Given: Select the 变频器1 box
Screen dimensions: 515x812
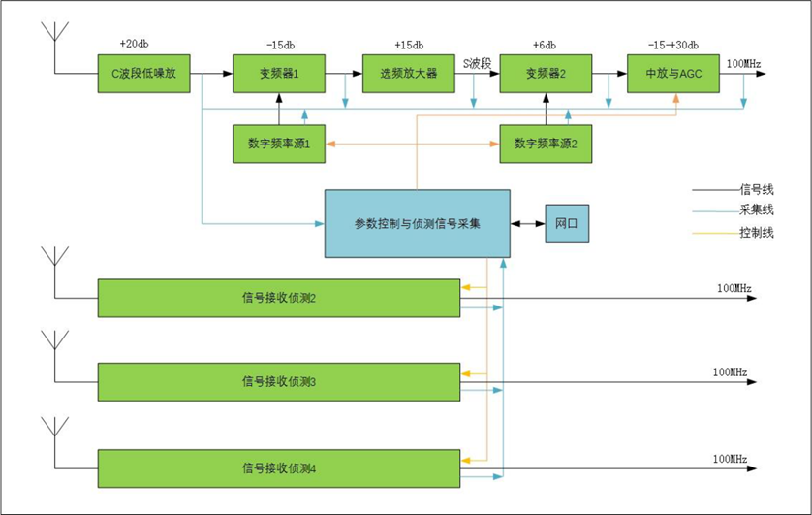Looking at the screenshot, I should pos(279,74).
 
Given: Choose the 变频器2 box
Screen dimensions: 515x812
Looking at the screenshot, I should pos(546,74).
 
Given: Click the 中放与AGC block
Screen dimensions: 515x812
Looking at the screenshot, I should pos(673,74).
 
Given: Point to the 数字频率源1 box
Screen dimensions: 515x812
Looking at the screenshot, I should pos(279,144).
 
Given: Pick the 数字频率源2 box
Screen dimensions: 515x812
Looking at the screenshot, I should pos(546,144).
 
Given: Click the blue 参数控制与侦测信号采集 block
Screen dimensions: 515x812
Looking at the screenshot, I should pos(417,224).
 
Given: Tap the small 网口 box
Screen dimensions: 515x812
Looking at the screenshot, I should pos(566,224).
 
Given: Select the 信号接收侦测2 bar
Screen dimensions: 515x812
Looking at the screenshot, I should pos(279,298).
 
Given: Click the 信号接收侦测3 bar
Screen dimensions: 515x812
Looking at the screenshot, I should pos(279,381).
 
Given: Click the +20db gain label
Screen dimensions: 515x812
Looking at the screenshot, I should pos(135,45).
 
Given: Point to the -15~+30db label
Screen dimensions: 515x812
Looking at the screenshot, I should pos(672,45).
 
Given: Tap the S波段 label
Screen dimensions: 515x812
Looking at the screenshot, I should pos(478,61).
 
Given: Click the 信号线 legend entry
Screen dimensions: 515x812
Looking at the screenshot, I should pos(756,189).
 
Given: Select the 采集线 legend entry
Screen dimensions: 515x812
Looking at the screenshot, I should pos(756,210).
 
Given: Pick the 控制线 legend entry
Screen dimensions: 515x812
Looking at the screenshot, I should pos(756,233).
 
